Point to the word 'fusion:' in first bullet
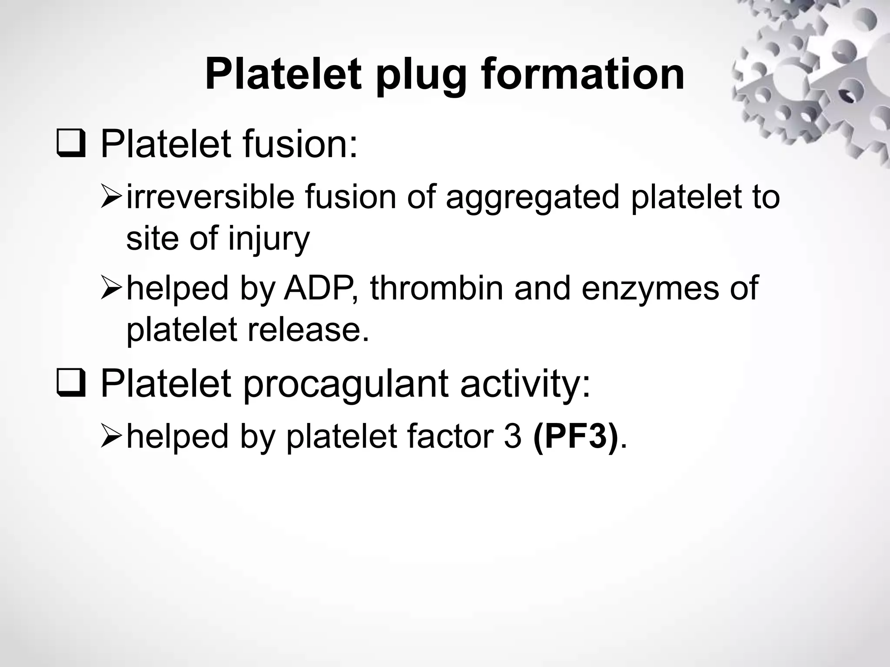300,144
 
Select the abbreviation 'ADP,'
322,288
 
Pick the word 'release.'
309,329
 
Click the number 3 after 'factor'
513,436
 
